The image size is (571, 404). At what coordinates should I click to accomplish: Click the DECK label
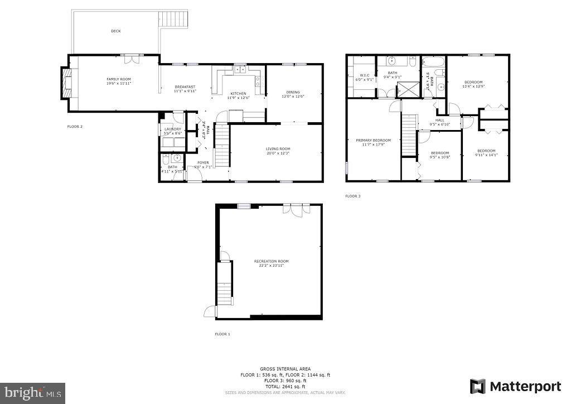[x=115, y=31]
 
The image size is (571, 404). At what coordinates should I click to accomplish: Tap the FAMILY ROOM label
[x=119, y=79]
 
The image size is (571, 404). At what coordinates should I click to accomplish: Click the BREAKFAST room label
[x=185, y=86]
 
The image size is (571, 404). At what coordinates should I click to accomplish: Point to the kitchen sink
[x=241, y=70]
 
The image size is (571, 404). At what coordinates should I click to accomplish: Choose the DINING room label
[x=293, y=92]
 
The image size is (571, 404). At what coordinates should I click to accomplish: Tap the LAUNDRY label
[x=172, y=129]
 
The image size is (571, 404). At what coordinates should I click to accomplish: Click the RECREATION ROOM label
[x=271, y=261]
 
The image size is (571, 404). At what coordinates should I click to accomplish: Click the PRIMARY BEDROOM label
[x=374, y=140]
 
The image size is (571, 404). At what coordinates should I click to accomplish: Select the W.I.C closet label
[x=365, y=75]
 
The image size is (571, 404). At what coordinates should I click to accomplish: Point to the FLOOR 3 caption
[x=352, y=196]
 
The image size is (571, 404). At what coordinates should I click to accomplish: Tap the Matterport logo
[x=516, y=386]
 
